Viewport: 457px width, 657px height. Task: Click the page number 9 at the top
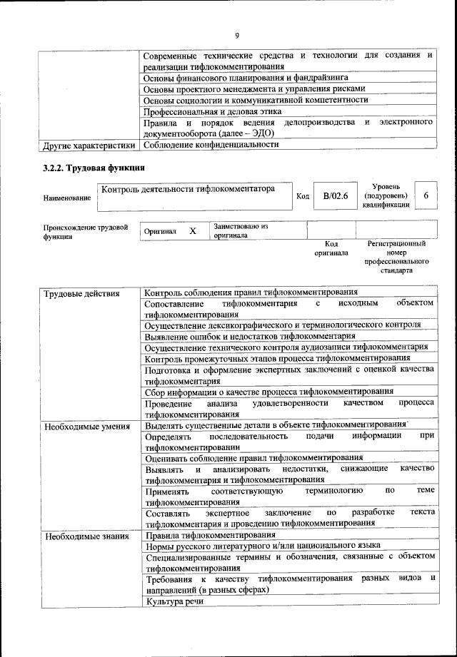236,36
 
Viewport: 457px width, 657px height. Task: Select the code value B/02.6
334,196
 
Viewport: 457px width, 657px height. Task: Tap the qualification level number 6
426,195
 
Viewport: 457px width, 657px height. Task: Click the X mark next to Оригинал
192,232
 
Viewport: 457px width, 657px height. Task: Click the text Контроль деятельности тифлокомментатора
188,190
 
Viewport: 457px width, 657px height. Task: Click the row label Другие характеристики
89,145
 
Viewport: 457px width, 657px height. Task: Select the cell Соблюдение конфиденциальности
210,145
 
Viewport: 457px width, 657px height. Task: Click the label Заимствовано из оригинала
240,230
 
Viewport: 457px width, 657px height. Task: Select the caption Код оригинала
331,248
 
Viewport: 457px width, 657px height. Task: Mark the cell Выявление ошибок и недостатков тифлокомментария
249,336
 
